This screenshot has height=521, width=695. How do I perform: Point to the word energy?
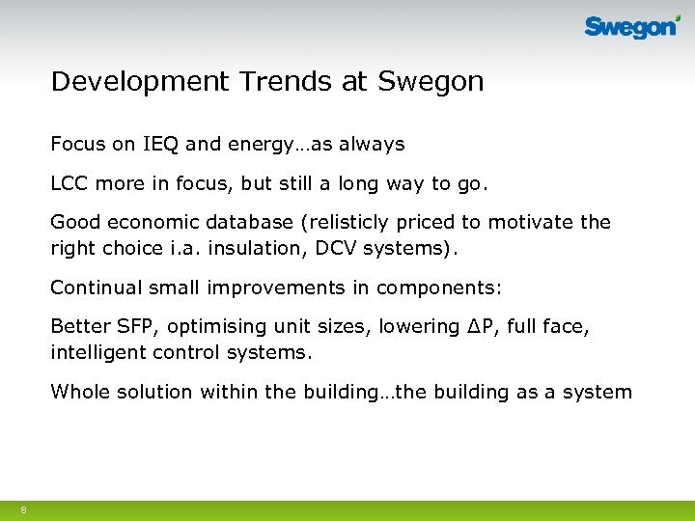click(259, 145)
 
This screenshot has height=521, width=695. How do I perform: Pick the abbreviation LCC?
click(69, 183)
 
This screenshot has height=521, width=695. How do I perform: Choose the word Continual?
click(94, 288)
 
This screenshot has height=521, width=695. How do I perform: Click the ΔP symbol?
click(477, 326)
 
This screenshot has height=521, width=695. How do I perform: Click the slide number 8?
click(22, 508)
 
